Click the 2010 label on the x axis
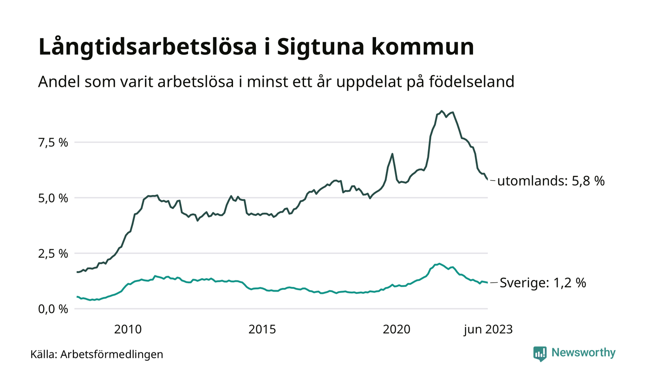pyautogui.click(x=128, y=330)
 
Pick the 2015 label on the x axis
pyautogui.click(x=262, y=330)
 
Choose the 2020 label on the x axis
pyautogui.click(x=396, y=330)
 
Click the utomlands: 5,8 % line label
pyautogui.click(x=551, y=181)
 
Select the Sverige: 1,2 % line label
pyautogui.click(x=542, y=283)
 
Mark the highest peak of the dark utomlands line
pyautogui.click(x=442, y=111)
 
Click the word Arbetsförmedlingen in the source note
pyautogui.click(x=112, y=355)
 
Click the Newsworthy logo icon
pyautogui.click(x=540, y=353)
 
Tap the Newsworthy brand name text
pyautogui.click(x=583, y=353)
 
